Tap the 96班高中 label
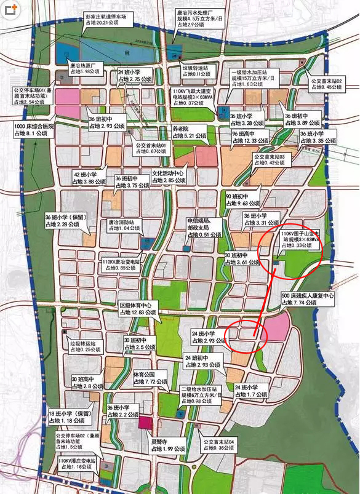click(250, 137)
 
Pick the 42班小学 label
click(92, 178)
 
